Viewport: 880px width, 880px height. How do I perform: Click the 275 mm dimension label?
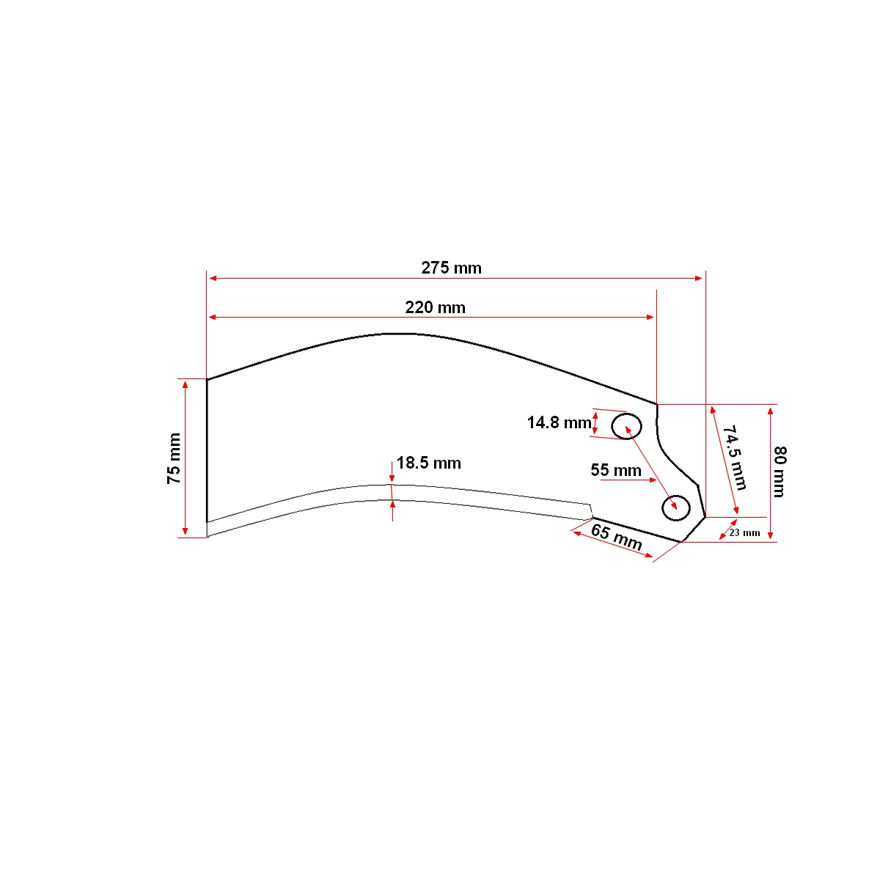pyautogui.click(x=451, y=268)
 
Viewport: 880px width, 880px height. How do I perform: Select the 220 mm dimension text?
pyautogui.click(x=435, y=307)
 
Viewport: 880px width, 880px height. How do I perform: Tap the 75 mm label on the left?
pyautogui.click(x=174, y=459)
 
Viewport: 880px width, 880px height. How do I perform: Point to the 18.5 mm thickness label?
pyautogui.click(x=429, y=463)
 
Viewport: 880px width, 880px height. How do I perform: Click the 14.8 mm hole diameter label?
pyautogui.click(x=559, y=422)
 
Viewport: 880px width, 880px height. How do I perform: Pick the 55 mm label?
pyautogui.click(x=616, y=470)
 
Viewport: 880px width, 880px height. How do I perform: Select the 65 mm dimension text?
pyautogui.click(x=617, y=538)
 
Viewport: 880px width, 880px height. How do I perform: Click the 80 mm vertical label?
pyautogui.click(x=780, y=472)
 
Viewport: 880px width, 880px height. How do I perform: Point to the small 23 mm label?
pyautogui.click(x=744, y=532)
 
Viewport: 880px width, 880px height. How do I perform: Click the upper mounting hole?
pyautogui.click(x=627, y=425)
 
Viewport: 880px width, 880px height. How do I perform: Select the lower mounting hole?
pyautogui.click(x=675, y=507)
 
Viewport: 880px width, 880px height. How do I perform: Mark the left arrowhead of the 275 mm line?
pyautogui.click(x=213, y=279)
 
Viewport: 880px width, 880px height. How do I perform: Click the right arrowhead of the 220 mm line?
pyautogui.click(x=650, y=317)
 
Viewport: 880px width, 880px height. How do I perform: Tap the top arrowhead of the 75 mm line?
pyautogui.click(x=185, y=384)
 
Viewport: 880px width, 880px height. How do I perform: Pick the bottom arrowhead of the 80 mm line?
pyautogui.click(x=770, y=537)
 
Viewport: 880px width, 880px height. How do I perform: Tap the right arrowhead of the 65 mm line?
pyautogui.click(x=648, y=557)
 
